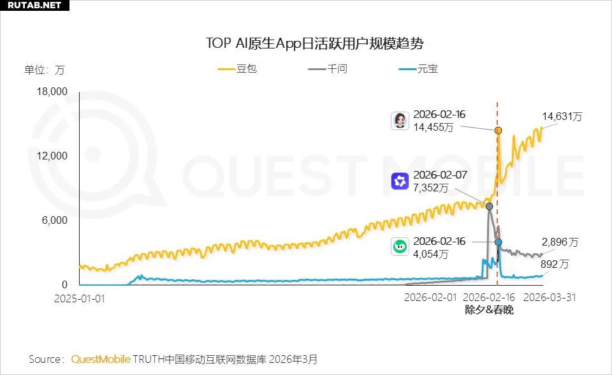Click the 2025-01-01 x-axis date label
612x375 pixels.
pyautogui.click(x=80, y=298)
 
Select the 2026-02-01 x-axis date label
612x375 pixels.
pyautogui.click(x=431, y=298)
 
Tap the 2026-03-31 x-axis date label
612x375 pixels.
pyautogui.click(x=550, y=298)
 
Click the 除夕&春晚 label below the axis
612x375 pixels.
pyautogui.click(x=489, y=310)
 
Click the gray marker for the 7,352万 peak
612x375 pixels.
pyautogui.click(x=489, y=206)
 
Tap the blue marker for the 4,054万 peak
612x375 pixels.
pyautogui.click(x=498, y=242)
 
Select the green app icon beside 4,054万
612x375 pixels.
pyautogui.click(x=400, y=247)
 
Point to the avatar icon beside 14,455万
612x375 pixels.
pyautogui.click(x=400, y=121)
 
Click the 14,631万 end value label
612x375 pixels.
pyautogui.click(x=562, y=116)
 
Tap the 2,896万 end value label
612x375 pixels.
pyautogui.click(x=560, y=242)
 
